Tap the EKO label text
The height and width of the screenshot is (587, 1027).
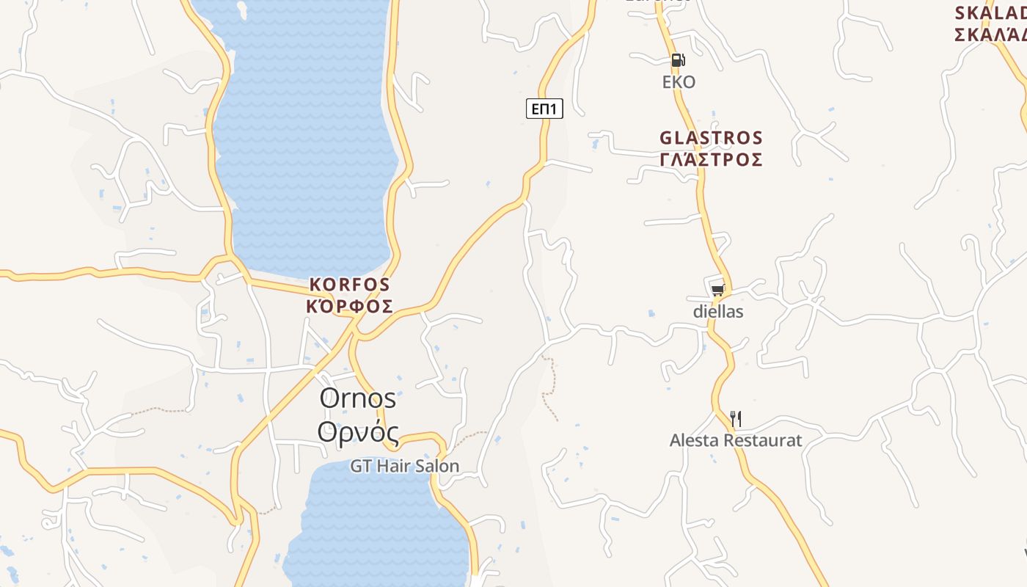(x=679, y=81)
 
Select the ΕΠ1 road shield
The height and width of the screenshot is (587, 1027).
(x=544, y=109)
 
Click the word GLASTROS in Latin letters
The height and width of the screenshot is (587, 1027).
(x=711, y=138)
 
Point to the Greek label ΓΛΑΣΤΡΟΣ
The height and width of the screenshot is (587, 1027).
(x=711, y=159)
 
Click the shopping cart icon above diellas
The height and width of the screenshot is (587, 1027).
(x=717, y=290)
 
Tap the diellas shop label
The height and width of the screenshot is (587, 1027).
(x=718, y=312)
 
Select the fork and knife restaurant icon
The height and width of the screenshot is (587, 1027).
(x=736, y=419)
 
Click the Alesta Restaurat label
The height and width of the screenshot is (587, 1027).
(x=736, y=440)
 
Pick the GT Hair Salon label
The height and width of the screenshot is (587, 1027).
(x=404, y=466)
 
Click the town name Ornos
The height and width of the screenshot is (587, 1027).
(x=358, y=398)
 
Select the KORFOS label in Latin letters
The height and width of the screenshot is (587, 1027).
(x=350, y=284)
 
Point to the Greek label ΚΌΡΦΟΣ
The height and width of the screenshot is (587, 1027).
(x=350, y=306)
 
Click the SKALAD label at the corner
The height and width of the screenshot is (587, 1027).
(x=990, y=13)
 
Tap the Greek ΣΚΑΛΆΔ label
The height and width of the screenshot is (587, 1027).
(x=990, y=34)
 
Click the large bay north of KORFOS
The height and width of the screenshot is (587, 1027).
(x=304, y=132)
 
